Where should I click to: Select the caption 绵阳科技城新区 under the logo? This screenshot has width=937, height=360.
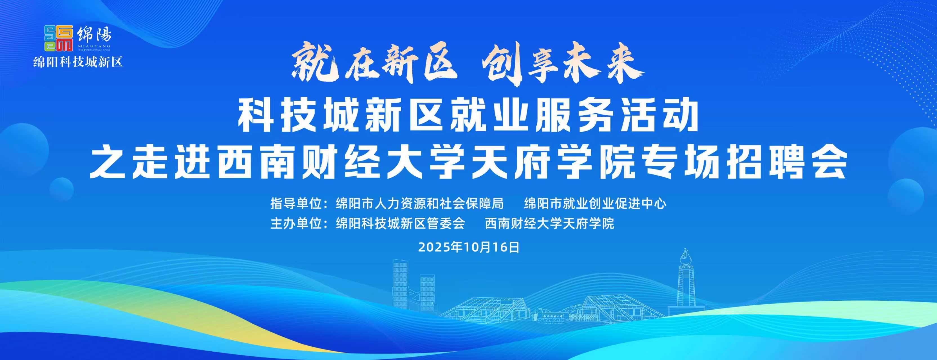78,62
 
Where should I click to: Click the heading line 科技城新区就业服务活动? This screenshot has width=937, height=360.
468,117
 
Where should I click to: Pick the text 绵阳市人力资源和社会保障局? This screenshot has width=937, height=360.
420,204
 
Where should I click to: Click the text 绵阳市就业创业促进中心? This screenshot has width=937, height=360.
595,204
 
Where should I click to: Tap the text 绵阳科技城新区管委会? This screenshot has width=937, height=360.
401,223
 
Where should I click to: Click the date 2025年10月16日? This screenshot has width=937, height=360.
468,247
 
